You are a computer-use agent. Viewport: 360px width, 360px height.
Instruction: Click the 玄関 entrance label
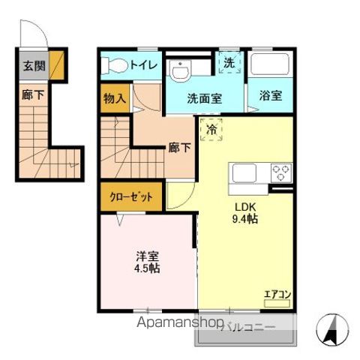[x=34, y=66]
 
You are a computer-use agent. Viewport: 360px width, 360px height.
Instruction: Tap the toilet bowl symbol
[x=115, y=65]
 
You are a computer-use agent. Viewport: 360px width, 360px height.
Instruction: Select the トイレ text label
[x=144, y=65]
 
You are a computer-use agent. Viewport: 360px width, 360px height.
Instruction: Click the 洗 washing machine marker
[x=229, y=62]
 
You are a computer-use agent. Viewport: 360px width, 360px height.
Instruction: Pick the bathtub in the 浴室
[x=270, y=64]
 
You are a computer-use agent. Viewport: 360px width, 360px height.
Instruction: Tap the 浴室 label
[x=271, y=95]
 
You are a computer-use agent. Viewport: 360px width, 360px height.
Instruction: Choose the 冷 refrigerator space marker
[x=211, y=130]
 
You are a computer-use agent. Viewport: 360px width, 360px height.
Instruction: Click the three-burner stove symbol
[x=281, y=172]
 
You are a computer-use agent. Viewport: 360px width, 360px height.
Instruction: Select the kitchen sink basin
[x=244, y=172]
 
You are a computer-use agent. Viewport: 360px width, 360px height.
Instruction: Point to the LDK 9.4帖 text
[x=245, y=213]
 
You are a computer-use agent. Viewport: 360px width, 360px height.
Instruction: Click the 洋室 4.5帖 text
[x=147, y=262]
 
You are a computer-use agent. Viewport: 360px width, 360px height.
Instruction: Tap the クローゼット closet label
[x=131, y=197]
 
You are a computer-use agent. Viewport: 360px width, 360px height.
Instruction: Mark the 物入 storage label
[x=115, y=98]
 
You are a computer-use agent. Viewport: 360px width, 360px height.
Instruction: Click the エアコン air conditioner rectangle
[x=277, y=304]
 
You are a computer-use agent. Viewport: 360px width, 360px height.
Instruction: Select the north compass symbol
[x=332, y=328]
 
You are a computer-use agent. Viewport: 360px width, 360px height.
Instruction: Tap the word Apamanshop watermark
[x=180, y=322]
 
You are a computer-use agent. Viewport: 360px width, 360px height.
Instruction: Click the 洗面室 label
[x=205, y=98]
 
